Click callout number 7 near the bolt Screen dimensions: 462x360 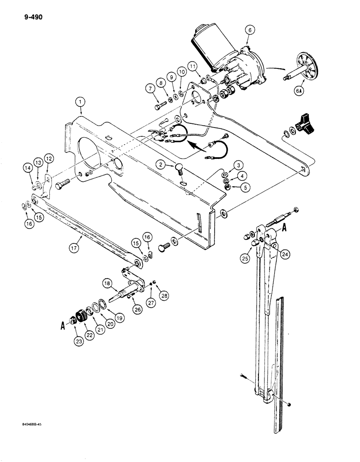[x=150, y=88]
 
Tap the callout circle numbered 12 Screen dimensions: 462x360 [x=49, y=158]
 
